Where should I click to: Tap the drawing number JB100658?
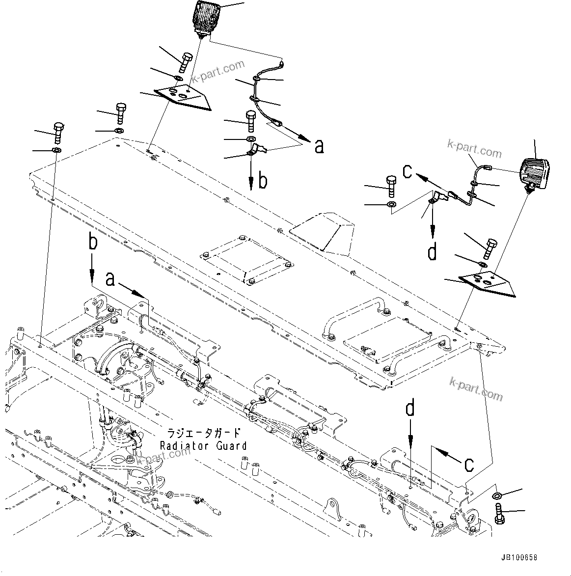pos(519,558)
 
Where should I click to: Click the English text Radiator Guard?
pos(203,445)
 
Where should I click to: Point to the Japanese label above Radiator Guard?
pos(203,433)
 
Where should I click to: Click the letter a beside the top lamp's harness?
pos(319,146)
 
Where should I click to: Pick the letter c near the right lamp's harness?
pos(408,170)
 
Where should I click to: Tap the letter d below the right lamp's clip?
pos(432,252)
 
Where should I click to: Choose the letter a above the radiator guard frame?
pos(111,279)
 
